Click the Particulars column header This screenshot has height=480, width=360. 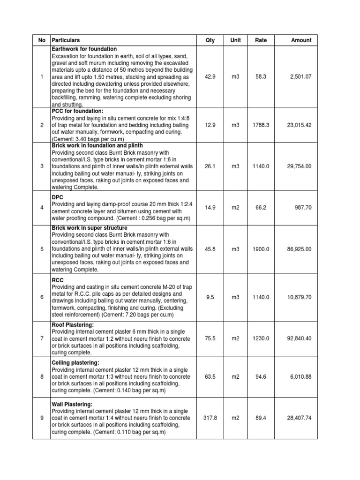click(x=66, y=40)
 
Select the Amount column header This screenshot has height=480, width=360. click(x=301, y=40)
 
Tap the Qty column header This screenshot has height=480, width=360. click(x=210, y=40)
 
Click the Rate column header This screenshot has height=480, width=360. click(x=261, y=40)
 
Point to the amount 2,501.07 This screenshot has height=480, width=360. click(x=300, y=76)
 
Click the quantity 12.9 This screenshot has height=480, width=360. click(x=210, y=125)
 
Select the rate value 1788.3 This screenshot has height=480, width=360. click(x=261, y=125)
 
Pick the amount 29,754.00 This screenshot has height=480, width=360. click(x=299, y=166)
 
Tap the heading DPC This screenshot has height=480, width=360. click(x=58, y=197)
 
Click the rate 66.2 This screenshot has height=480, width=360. click(x=261, y=208)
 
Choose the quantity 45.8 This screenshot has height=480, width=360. click(x=210, y=249)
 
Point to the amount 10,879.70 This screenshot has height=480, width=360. click(x=299, y=297)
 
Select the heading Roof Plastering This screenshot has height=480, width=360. click(x=73, y=324)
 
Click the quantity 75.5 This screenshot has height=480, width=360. click(x=210, y=338)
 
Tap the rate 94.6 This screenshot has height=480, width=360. click(x=261, y=377)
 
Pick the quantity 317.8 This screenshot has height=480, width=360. click(x=210, y=418)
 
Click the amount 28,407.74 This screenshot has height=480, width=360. click(x=299, y=418)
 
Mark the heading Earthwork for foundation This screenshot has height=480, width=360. click(x=84, y=49)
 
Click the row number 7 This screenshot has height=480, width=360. click(x=42, y=338)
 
